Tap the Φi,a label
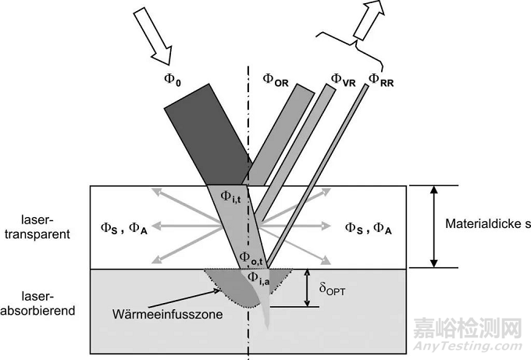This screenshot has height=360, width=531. (259, 276)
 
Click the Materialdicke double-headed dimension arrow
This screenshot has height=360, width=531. (434, 226)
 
